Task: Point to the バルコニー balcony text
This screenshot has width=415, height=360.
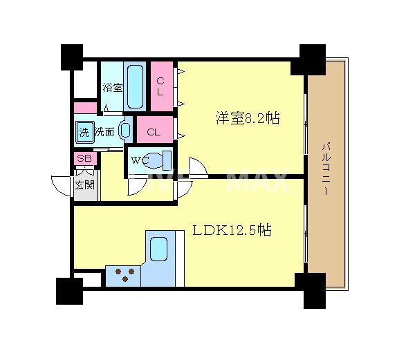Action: click(325, 170)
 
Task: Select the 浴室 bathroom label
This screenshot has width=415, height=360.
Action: click(112, 88)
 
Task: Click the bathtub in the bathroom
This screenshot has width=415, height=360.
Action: click(136, 86)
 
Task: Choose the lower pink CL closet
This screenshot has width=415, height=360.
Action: click(154, 131)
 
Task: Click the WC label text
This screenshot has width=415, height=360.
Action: click(140, 161)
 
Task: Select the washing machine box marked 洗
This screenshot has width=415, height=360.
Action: click(84, 131)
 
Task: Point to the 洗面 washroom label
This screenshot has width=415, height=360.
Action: click(105, 131)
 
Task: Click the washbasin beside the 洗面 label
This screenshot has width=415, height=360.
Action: click(127, 130)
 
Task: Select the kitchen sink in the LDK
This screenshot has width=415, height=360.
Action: click(160, 249)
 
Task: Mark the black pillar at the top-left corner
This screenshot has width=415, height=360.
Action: click(71, 57)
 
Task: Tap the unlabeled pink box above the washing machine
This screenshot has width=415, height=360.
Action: click(85, 108)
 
